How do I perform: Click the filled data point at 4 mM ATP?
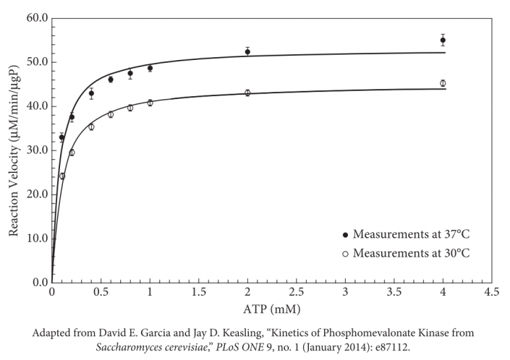point(443,40)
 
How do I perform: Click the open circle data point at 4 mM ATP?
point(443,83)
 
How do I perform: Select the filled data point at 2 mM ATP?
point(247,51)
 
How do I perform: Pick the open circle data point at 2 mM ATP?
point(247,93)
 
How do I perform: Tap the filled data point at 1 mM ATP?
point(150,68)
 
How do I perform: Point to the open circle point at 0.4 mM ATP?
point(91,127)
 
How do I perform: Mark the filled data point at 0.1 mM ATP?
point(61,137)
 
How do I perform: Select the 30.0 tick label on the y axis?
point(35,150)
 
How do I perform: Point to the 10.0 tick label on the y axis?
point(35,239)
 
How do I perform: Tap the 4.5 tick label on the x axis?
point(492,293)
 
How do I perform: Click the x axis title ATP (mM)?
point(271,309)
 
